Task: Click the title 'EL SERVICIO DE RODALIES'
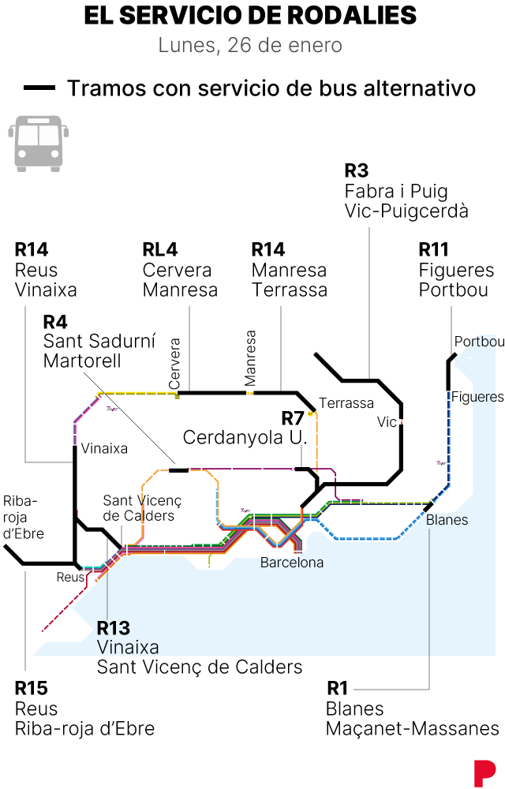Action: pos(250,16)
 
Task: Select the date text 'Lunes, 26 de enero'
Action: pos(250,45)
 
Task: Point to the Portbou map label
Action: pos(478,342)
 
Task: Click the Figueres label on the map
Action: pos(477,397)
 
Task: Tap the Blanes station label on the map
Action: pos(447,520)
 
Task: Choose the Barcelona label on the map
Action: pos(292,563)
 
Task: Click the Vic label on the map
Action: pos(387,422)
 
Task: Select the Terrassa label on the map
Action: pos(346,403)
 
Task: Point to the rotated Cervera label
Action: pos(175,364)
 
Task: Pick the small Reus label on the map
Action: pos(69,577)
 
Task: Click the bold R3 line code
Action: pos(357,170)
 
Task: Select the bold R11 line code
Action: pos(433,250)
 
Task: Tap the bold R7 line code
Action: pos(293,417)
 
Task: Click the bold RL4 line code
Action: pos(160,250)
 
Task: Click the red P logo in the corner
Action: pos(484,771)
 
